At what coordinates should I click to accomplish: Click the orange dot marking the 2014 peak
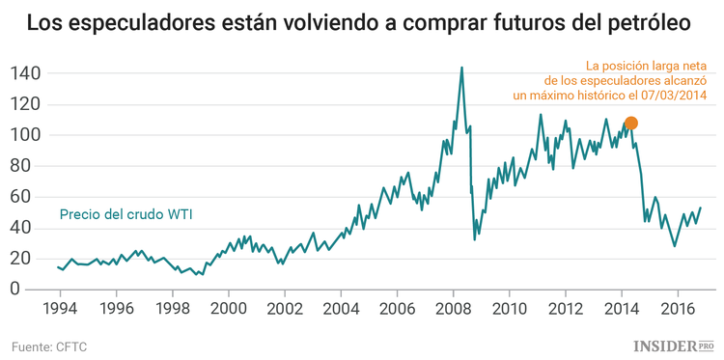(x=631, y=123)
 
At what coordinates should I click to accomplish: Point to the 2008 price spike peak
(x=461, y=68)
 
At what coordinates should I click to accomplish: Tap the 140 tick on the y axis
(x=26, y=73)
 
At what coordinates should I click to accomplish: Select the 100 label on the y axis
(x=26, y=135)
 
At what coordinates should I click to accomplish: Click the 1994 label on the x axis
(x=60, y=309)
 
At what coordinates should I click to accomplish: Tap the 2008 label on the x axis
(x=453, y=309)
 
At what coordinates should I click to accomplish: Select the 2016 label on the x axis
(x=677, y=309)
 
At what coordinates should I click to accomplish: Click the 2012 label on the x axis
(x=565, y=309)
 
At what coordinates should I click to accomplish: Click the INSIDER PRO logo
(x=673, y=345)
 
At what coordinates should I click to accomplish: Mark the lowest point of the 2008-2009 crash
(x=474, y=238)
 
